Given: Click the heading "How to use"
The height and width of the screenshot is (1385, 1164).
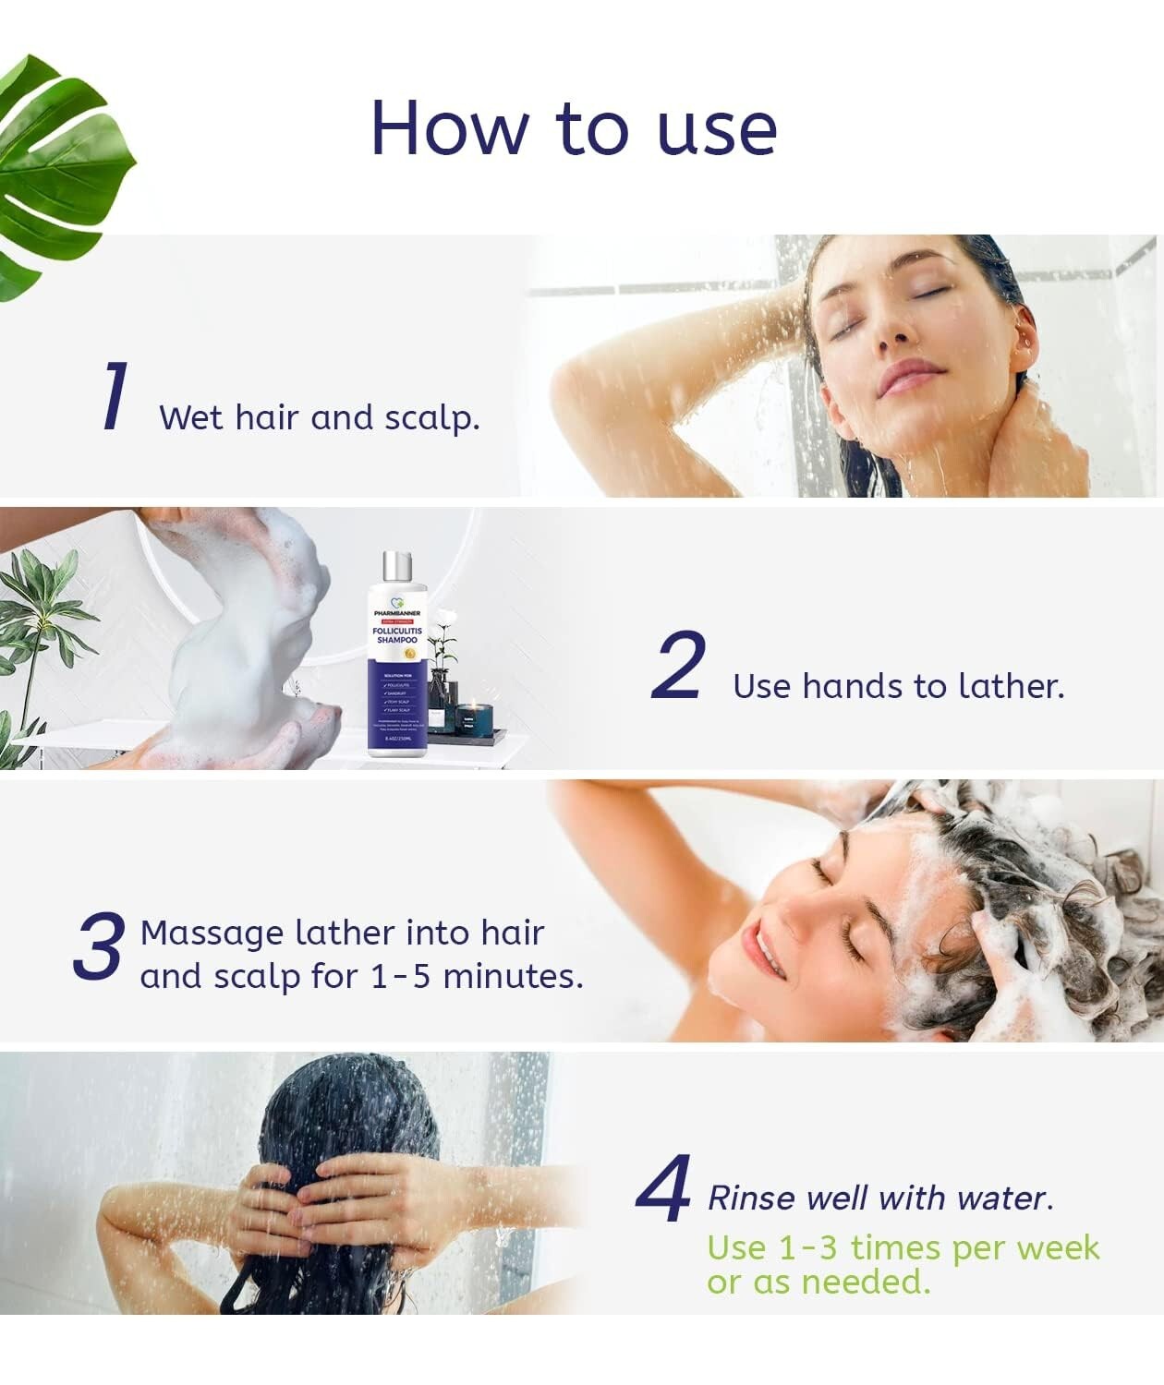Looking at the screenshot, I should click(x=574, y=128).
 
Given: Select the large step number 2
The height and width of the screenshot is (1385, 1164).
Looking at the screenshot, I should click(x=679, y=666).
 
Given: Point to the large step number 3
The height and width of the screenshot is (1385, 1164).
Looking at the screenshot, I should click(x=98, y=946).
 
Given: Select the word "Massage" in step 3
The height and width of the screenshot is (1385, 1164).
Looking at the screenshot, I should click(x=212, y=933).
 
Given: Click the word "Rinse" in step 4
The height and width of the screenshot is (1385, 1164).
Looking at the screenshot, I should click(x=751, y=1198).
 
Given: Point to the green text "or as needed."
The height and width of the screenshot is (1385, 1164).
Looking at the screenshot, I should click(x=818, y=1282).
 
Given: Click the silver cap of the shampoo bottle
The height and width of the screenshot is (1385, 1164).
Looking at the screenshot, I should click(x=397, y=568).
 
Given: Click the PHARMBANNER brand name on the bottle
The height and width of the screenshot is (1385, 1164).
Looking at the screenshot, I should click(x=397, y=613).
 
